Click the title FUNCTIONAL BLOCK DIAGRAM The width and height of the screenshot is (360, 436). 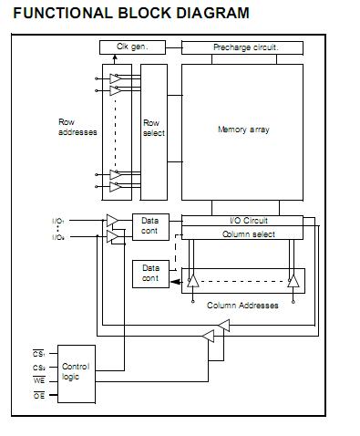(x=130, y=13)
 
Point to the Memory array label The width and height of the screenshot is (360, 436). (x=243, y=130)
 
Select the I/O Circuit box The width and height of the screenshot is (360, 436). (x=242, y=220)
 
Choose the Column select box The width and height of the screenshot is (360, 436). (x=242, y=234)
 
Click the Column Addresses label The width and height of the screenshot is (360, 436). (x=242, y=305)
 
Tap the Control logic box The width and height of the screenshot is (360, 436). (x=76, y=372)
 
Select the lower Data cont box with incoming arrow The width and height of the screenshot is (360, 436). (x=150, y=273)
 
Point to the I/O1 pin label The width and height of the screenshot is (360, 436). (x=58, y=221)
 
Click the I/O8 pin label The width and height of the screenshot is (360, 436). (x=58, y=237)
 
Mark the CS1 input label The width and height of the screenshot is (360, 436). (x=37, y=352)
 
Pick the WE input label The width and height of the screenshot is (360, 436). (x=38, y=379)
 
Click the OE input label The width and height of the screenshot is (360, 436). (x=38, y=396)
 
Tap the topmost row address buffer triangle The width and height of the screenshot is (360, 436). (x=116, y=79)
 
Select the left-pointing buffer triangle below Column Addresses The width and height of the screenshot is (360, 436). (x=209, y=337)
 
